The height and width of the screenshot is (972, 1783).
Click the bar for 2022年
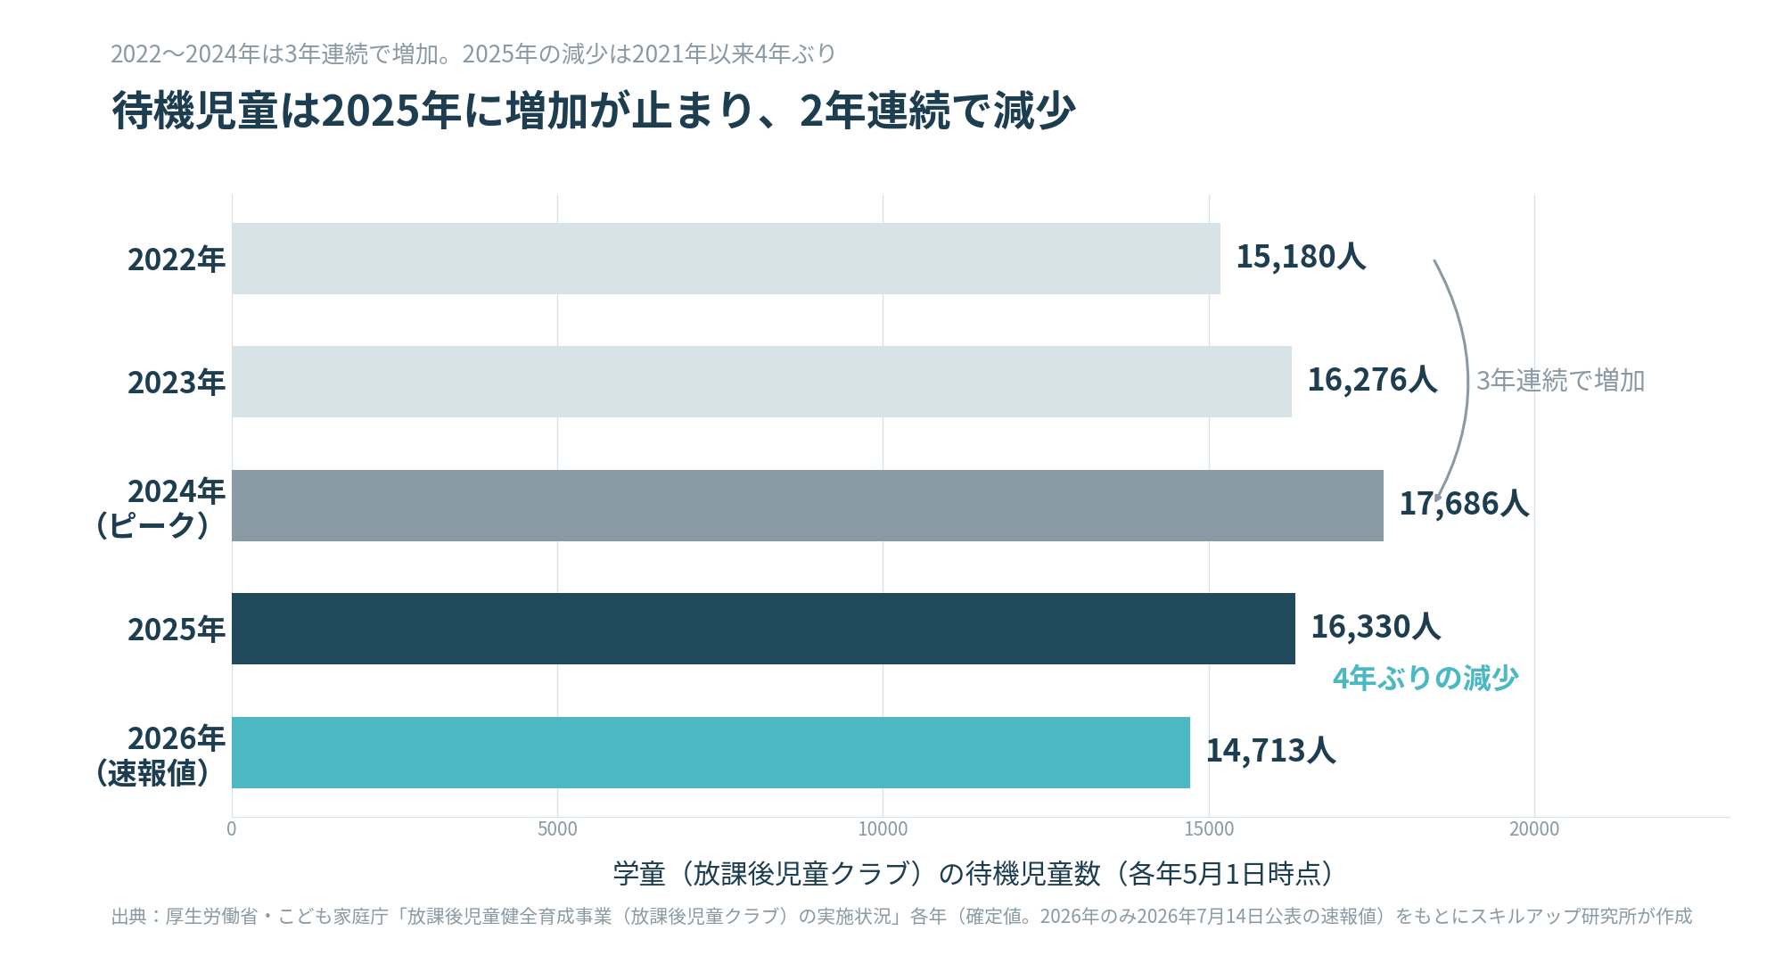click(x=726, y=259)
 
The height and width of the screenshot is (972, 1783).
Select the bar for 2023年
click(x=761, y=382)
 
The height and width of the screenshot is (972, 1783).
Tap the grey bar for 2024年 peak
click(x=808, y=506)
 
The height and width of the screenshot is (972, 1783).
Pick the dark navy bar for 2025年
click(x=763, y=629)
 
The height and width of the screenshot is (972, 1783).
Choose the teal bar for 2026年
click(x=711, y=753)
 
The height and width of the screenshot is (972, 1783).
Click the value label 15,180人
click(x=1301, y=257)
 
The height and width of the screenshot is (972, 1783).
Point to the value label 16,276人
click(x=1372, y=380)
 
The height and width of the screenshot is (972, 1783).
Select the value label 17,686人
click(x=1464, y=504)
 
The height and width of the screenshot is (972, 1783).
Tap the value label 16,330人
click(x=1376, y=627)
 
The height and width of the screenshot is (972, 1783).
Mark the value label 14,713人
click(x=1270, y=751)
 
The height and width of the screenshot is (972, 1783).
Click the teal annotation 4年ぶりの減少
click(x=1426, y=679)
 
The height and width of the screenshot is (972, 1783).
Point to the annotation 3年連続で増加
click(x=1560, y=381)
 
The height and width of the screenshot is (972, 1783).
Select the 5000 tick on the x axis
click(x=557, y=829)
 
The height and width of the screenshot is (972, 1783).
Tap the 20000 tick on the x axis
click(x=1534, y=829)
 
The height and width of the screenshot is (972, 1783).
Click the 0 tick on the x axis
click(x=232, y=829)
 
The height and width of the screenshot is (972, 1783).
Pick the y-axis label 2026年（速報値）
click(x=157, y=755)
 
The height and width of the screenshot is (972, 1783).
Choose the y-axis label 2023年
click(x=177, y=383)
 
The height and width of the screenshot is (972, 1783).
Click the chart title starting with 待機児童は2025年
click(x=594, y=111)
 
